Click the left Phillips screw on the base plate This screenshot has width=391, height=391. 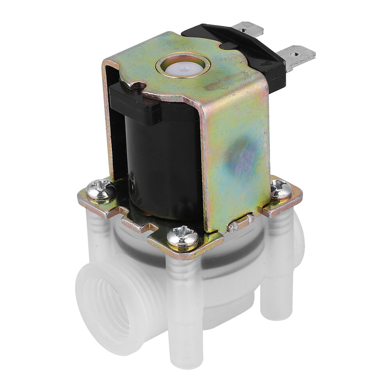point(100,189)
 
